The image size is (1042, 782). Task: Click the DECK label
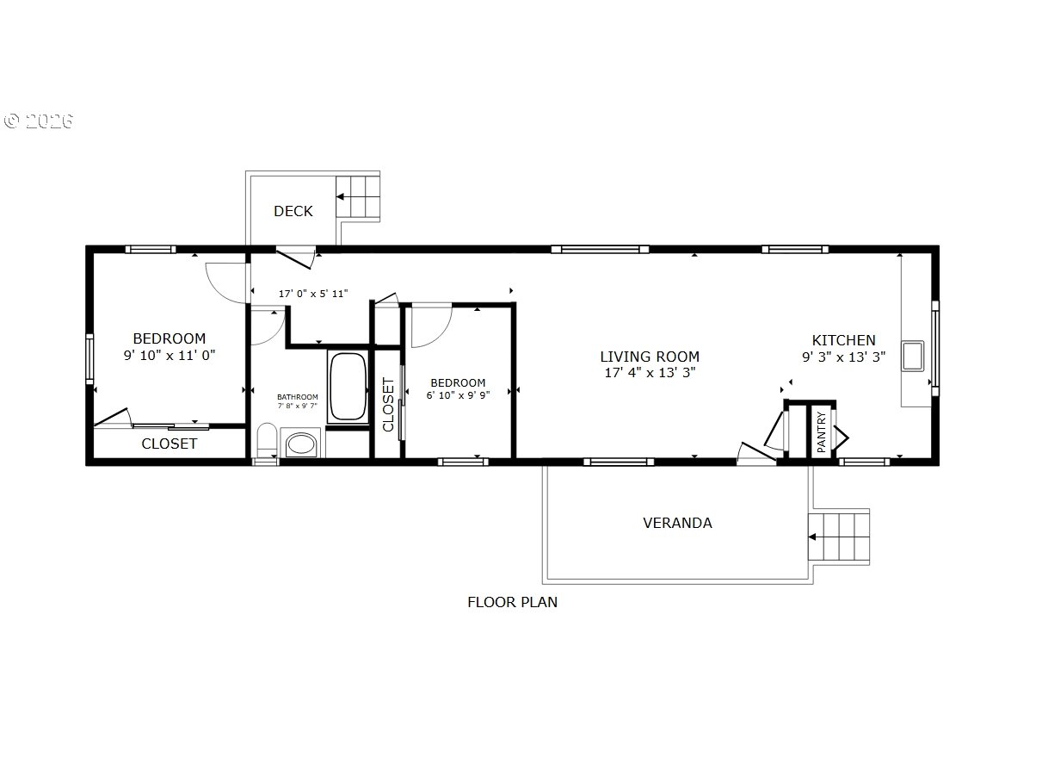[293, 211]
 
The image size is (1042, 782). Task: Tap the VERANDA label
[677, 523]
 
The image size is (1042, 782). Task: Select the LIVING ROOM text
[650, 357]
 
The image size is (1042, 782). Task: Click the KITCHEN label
[843, 340]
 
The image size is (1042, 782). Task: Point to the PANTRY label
[821, 431]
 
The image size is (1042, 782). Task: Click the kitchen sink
[912, 356]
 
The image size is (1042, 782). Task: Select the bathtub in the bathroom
[348, 386]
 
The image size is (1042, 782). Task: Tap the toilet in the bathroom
[267, 439]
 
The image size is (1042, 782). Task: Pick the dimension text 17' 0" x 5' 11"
[313, 294]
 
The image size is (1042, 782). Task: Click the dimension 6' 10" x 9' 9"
[458, 395]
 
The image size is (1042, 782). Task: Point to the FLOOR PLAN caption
[512, 602]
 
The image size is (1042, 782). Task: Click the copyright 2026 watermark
[38, 121]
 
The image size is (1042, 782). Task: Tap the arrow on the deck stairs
[351, 196]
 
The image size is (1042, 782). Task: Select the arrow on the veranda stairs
[823, 537]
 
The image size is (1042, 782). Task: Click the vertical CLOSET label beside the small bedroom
[388, 404]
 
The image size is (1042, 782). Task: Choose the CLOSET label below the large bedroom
[169, 444]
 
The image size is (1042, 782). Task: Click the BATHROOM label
[298, 397]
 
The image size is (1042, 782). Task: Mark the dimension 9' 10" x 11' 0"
[170, 355]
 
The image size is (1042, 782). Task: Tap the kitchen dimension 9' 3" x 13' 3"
[843, 357]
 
